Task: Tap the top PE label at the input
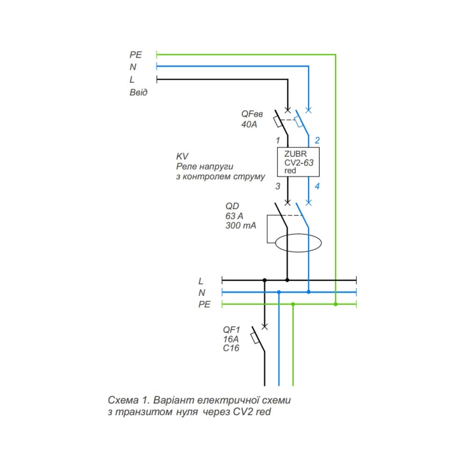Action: (136, 55)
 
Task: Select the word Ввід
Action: (139, 92)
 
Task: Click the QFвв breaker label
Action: (252, 114)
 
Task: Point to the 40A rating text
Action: (249, 124)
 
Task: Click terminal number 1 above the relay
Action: (278, 140)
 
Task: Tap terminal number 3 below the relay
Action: (278, 186)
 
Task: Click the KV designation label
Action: (182, 155)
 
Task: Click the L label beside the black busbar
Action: (201, 281)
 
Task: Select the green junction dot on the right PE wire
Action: (336, 304)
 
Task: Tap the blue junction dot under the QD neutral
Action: (308, 292)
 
